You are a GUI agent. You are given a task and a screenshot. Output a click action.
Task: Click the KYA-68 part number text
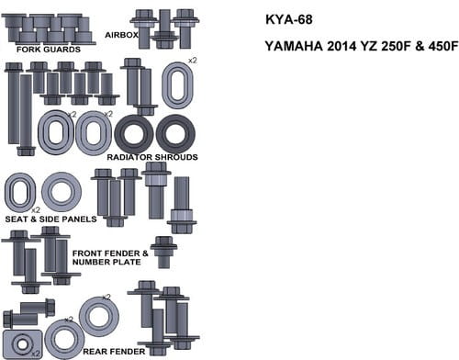[289, 19]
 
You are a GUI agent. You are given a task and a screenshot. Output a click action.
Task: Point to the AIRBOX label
[121, 35]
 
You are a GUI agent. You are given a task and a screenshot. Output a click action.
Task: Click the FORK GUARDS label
[49, 50]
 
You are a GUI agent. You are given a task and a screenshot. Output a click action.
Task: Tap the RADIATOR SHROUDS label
[152, 157]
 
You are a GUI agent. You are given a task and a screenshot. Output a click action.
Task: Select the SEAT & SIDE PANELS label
[50, 219]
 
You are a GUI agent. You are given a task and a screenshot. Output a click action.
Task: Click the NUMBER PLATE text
[106, 262]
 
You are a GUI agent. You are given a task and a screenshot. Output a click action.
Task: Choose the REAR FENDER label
[114, 352]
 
